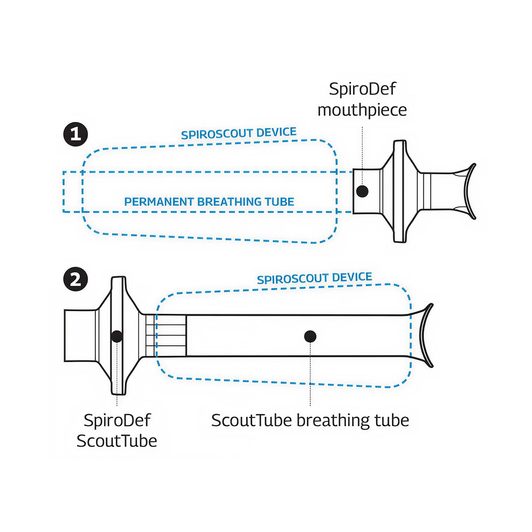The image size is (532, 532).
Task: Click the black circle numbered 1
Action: [x=76, y=134]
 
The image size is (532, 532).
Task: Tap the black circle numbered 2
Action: [x=76, y=280]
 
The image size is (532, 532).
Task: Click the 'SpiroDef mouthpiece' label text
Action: [x=362, y=99]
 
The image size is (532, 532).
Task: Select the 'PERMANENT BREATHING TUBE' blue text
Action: [x=209, y=202]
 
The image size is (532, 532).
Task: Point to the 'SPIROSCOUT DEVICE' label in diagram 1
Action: [x=239, y=133]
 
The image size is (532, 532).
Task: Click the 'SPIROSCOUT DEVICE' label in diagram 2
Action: [x=314, y=278]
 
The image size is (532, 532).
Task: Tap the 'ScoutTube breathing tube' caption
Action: [x=310, y=420]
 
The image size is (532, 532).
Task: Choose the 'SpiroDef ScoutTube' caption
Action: [x=117, y=430]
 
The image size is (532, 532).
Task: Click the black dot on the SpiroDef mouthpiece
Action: [x=363, y=191]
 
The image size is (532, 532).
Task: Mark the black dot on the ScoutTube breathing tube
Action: [x=310, y=336]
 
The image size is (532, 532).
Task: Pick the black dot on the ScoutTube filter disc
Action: [x=117, y=336]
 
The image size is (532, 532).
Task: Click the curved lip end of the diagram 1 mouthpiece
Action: [x=469, y=191]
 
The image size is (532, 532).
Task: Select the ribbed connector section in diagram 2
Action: [x=170, y=336]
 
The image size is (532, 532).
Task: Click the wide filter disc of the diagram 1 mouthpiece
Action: [x=400, y=191]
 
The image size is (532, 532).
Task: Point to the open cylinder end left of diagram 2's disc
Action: [x=80, y=336]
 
